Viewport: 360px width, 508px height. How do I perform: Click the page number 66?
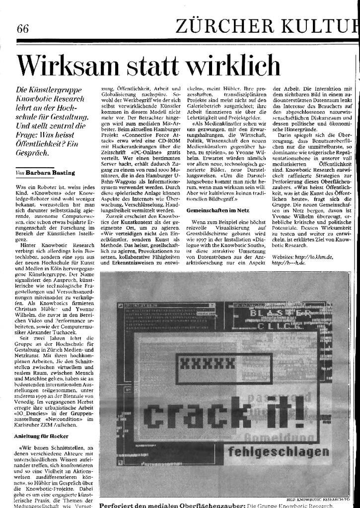(22, 28)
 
